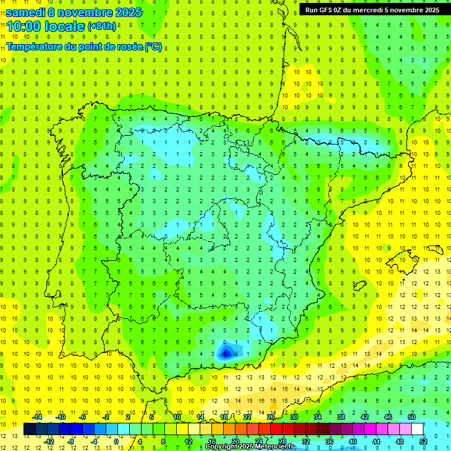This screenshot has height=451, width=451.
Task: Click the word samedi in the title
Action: click(x=26, y=12)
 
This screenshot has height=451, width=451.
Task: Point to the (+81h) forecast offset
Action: click(x=102, y=26)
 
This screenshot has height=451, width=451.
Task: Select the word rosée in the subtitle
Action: click(x=129, y=47)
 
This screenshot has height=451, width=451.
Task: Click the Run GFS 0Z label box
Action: click(x=372, y=10)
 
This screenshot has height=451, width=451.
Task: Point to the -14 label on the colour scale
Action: click(x=36, y=417)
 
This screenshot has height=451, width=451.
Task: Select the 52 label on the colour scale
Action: click(x=423, y=442)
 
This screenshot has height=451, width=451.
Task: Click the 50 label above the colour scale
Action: click(x=412, y=417)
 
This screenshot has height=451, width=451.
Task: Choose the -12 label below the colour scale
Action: click(x=48, y=442)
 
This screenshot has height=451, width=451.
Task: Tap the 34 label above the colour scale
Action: click(x=318, y=417)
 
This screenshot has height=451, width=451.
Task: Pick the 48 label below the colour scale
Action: click(x=400, y=442)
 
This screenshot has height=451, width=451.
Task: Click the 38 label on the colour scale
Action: click(x=341, y=417)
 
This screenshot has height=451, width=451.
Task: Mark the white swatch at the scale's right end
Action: click(x=418, y=429)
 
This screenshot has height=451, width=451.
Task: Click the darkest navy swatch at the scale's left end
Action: click(x=29, y=429)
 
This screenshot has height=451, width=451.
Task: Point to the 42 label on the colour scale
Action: click(x=365, y=417)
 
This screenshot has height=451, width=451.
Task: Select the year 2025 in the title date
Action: click(x=125, y=12)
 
